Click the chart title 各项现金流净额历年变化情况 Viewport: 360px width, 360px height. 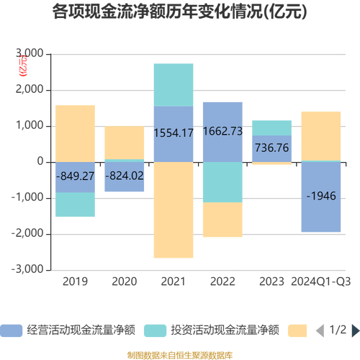(x=180, y=12)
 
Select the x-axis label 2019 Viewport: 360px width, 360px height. (x=75, y=281)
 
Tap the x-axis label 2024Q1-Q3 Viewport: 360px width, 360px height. (x=320, y=281)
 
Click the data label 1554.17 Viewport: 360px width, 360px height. (x=174, y=133)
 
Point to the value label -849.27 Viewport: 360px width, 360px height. (x=75, y=177)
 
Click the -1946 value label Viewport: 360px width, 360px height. (x=320, y=196)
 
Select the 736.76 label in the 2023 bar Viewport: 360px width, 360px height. (x=271, y=148)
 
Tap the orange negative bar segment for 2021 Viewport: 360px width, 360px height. (x=174, y=210)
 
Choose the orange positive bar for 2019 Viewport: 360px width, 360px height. (x=75, y=133)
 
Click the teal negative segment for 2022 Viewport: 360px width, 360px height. (x=222, y=182)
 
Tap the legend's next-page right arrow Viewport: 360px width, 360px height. (x=355, y=310)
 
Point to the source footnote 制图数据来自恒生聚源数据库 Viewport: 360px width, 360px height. (x=180, y=335)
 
